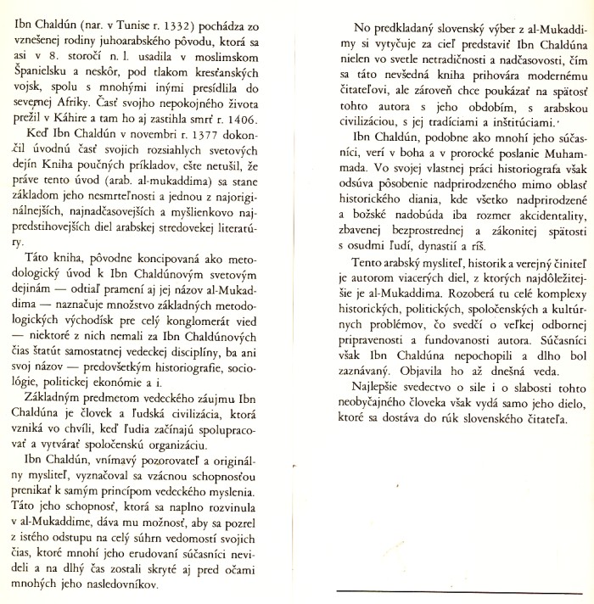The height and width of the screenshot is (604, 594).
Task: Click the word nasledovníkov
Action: (150, 585)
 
